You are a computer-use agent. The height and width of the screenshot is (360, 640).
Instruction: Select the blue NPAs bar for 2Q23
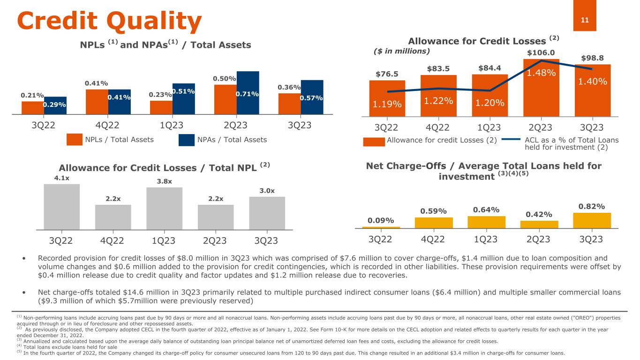point(248,92)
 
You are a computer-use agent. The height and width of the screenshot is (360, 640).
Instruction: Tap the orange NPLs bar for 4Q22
point(97,101)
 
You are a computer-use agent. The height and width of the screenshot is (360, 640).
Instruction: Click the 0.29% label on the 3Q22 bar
point(55,105)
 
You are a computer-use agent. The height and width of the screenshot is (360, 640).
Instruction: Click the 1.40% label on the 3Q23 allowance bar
point(592,82)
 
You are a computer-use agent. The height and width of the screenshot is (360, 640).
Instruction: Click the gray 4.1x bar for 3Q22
point(61,206)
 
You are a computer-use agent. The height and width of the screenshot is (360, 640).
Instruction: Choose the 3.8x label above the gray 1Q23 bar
point(164,180)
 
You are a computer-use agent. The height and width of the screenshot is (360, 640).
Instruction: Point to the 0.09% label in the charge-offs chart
point(380,220)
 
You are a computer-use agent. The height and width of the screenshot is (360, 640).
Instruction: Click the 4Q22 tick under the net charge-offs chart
point(433,240)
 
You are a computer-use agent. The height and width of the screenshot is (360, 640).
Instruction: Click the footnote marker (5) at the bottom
point(19,353)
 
